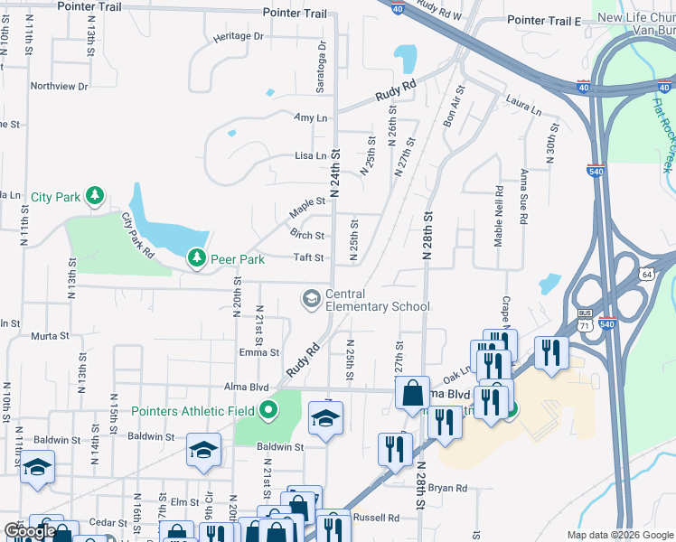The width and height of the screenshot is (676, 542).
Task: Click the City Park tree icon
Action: point(94,196)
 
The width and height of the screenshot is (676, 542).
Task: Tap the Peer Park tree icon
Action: point(196,259)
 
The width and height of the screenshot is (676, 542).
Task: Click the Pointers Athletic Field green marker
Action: point(268,412)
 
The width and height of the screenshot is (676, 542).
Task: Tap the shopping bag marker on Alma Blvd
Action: point(412,394)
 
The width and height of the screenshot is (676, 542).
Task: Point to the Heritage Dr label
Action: point(238,37)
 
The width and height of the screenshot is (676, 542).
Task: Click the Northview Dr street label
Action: point(59,87)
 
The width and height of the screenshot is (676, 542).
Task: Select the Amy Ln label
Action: point(310,118)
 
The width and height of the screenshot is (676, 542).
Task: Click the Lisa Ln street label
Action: point(310,156)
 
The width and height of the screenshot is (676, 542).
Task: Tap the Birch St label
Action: point(307,236)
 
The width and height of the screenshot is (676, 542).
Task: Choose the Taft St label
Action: point(308,257)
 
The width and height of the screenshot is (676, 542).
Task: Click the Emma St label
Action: point(259,353)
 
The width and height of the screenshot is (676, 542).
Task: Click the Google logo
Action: point(29,532)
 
